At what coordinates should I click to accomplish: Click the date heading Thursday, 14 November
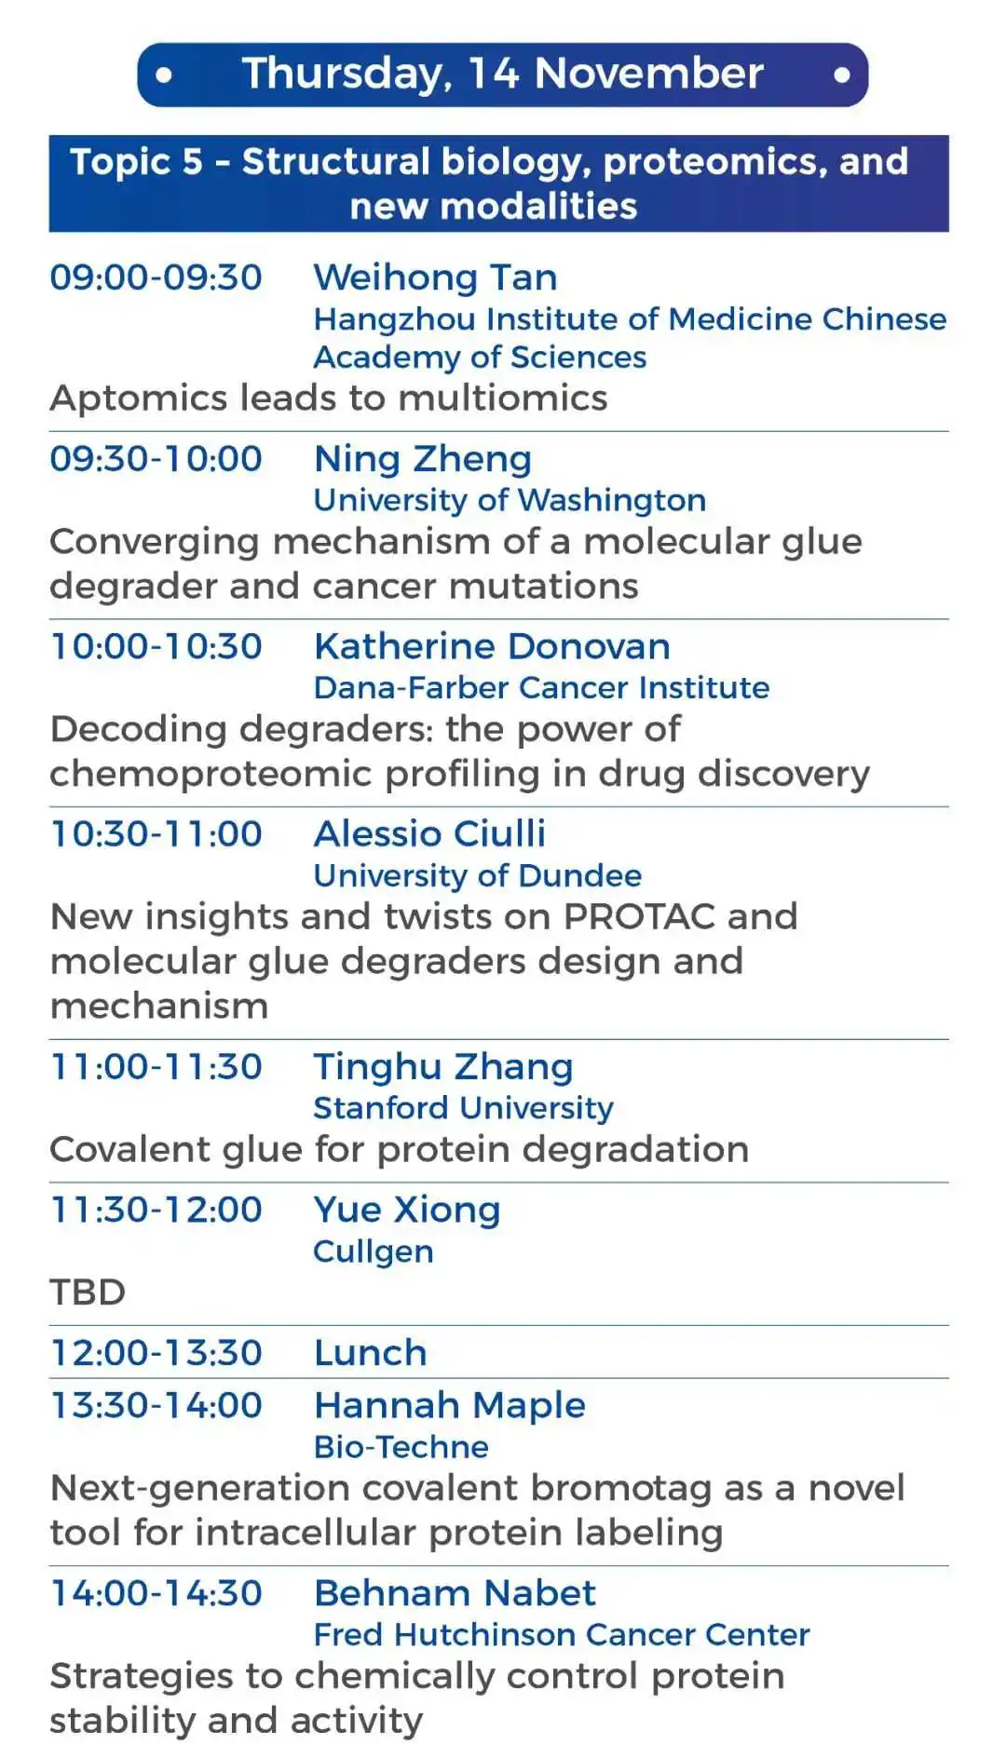[502, 74]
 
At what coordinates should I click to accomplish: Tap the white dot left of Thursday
[164, 74]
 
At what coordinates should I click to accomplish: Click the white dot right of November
[842, 74]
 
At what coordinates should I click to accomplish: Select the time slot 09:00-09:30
[156, 277]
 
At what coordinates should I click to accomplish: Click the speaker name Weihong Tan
[436, 277]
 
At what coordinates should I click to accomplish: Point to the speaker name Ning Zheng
[423, 460]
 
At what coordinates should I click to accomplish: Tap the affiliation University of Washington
[510, 500]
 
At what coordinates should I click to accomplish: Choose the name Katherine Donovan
[492, 646]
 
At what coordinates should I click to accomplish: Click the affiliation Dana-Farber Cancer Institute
[541, 688]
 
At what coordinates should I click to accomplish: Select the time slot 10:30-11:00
[156, 834]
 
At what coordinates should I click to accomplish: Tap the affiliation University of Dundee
[478, 875]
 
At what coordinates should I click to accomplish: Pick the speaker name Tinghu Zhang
[443, 1068]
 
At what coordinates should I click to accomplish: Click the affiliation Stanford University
[464, 1108]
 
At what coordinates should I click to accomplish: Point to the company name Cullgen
[374, 1252]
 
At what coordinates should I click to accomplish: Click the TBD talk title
[88, 1292]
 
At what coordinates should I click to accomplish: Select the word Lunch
[371, 1353]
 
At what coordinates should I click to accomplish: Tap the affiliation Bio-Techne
[401, 1447]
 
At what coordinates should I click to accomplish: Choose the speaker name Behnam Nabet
[455, 1593]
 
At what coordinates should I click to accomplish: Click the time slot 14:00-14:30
[156, 1593]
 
